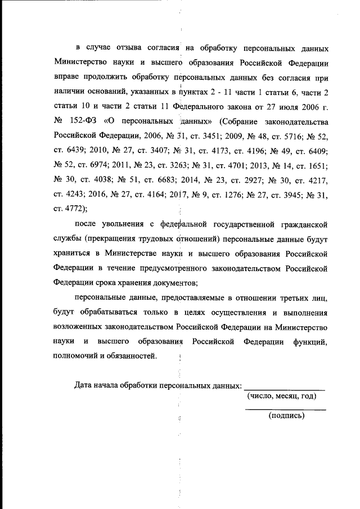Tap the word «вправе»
pyautogui.click(x=70, y=78)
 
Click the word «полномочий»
pyautogui.click(x=78, y=355)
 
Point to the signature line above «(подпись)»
pyautogui.click(x=286, y=409)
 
